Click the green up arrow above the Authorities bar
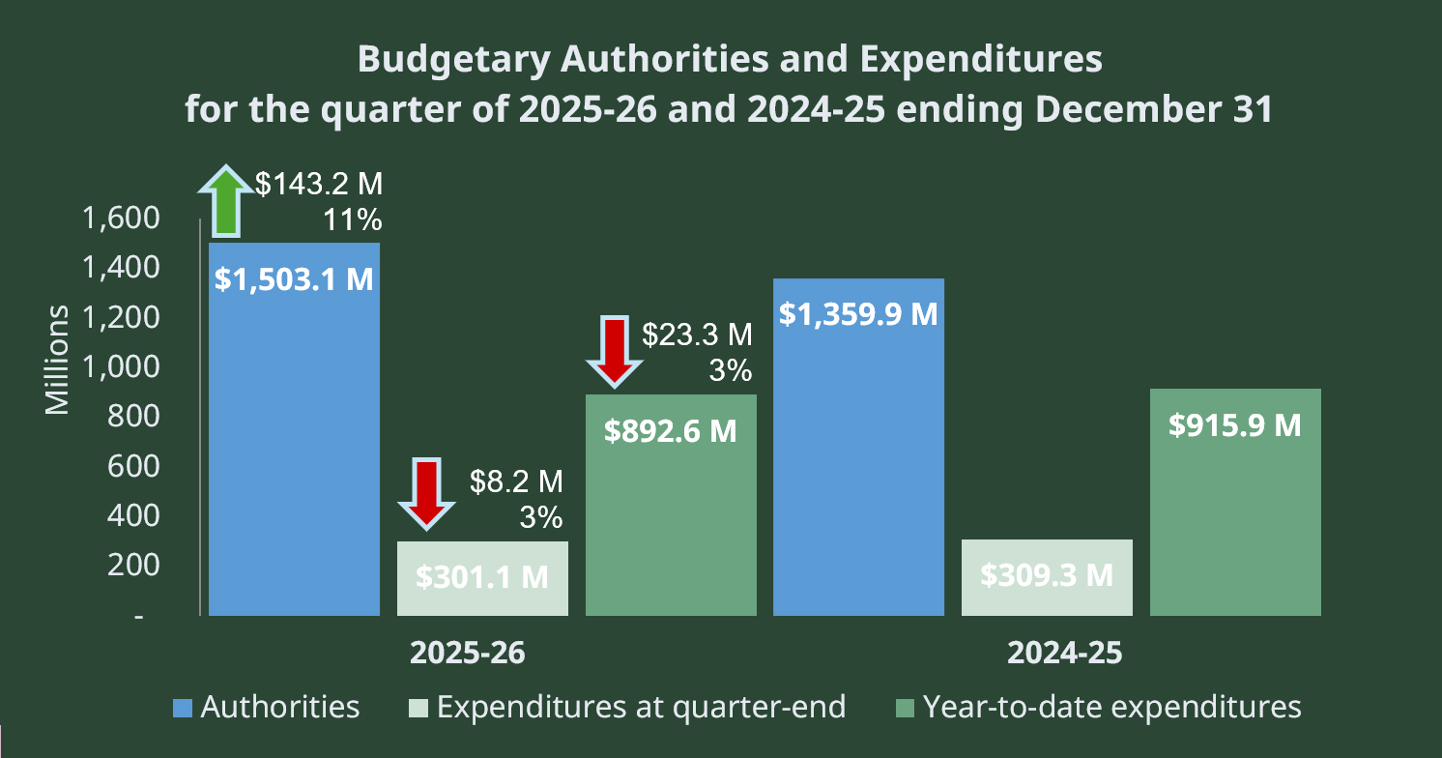tap(225, 202)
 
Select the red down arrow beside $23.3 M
tap(614, 351)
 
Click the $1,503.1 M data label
tap(294, 280)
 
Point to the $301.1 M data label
tap(482, 576)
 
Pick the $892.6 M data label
tap(671, 430)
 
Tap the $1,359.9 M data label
tap(859, 314)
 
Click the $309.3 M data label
tap(1047, 574)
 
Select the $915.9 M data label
tap(1235, 425)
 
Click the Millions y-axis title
tap(58, 360)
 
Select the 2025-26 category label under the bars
tap(468, 653)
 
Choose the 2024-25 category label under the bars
tap(1065, 653)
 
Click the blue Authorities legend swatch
tap(183, 707)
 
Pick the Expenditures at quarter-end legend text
tap(641, 707)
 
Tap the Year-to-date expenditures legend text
tap(1111, 707)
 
